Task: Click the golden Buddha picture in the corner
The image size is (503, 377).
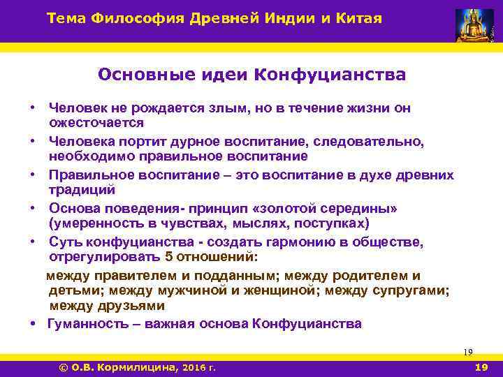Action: [474, 25]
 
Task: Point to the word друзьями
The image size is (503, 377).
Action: [129, 305]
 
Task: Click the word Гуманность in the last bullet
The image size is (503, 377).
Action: [89, 324]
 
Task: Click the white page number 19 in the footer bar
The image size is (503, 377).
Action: [481, 367]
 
